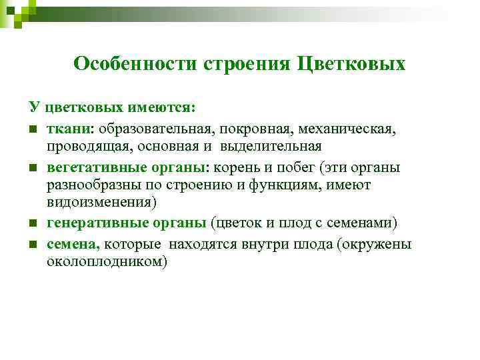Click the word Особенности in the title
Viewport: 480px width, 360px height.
[x=125, y=63]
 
